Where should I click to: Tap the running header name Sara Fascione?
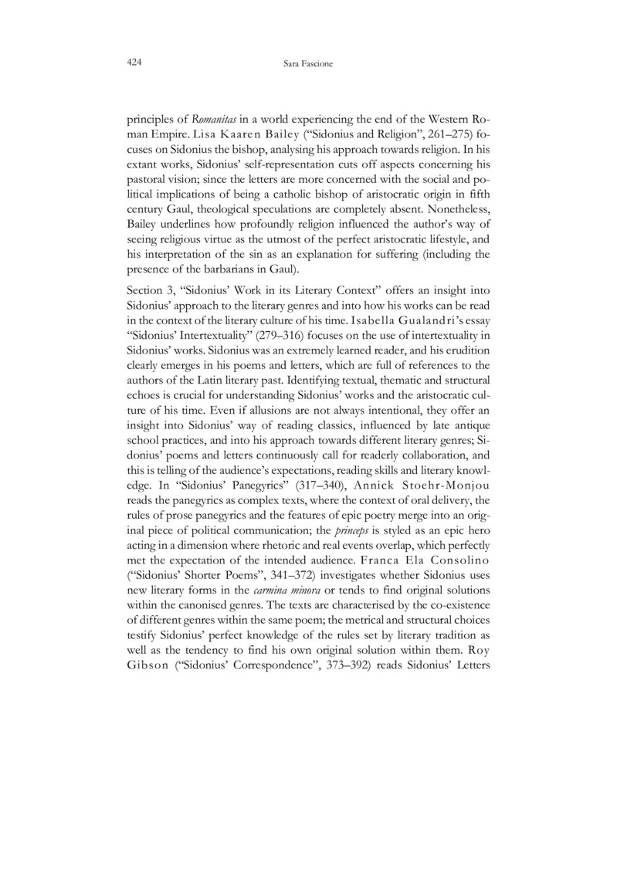click(308, 63)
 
